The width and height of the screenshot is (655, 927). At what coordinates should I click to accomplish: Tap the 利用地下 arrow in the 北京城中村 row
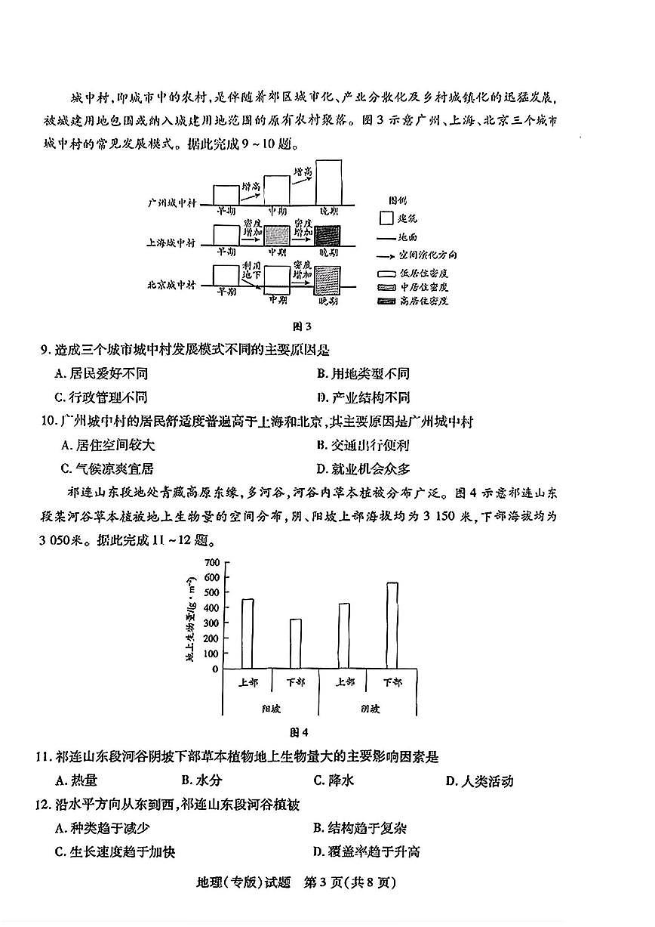(x=251, y=277)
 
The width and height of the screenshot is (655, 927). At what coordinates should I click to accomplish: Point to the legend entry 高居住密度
(x=423, y=301)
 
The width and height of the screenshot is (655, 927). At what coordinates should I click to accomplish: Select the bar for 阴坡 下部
(x=392, y=625)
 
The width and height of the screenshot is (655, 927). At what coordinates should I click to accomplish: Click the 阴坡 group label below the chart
(x=370, y=709)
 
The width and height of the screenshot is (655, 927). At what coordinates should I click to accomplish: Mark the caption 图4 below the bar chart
(x=300, y=731)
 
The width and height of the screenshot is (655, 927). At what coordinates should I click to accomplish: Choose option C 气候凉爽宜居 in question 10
(x=105, y=468)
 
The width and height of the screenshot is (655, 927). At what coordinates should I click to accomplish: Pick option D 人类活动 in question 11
(x=479, y=780)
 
